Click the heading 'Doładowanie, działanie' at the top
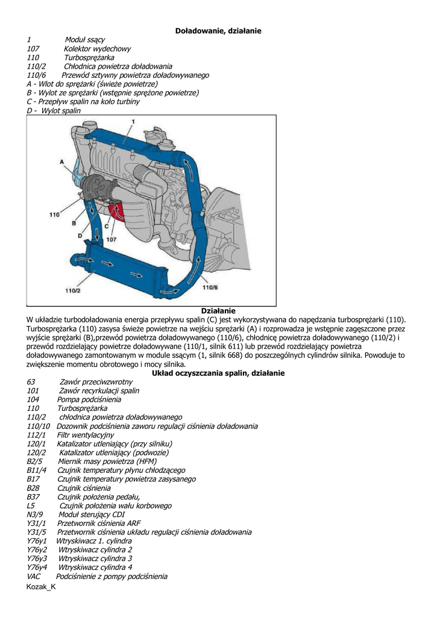coord(218,30)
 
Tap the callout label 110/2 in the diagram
coord(72,290)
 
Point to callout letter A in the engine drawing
coord(62,162)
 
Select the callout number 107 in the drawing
coord(111,239)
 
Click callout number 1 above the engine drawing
coord(131,122)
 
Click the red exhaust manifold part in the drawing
coord(116,212)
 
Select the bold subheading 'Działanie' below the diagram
coord(218,310)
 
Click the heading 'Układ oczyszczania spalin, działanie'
coord(218,373)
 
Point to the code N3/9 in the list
coord(35,515)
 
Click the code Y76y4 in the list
coord(37,567)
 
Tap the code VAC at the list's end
coord(34,576)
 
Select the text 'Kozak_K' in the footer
coord(41,587)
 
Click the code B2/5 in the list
coord(35,461)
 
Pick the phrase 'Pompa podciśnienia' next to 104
coord(89,399)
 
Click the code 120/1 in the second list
coord(37,443)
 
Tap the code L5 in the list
coord(31,506)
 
